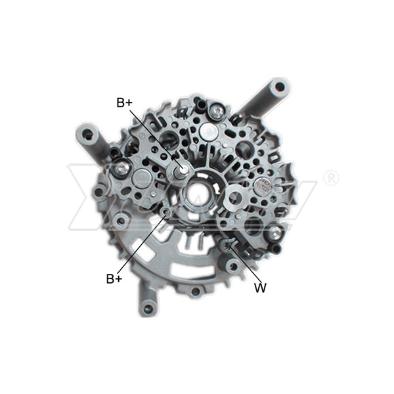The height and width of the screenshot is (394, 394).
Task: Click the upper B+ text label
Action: pos(125,102)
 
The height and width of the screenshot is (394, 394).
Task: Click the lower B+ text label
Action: pos(114,278)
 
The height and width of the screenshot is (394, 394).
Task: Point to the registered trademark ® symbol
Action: pos(332,177)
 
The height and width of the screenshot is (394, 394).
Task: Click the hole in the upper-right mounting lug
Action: pos(280,86)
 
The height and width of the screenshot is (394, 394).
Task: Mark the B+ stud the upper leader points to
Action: pos(182,170)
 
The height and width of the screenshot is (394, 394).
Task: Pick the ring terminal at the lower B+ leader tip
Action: pos(167,211)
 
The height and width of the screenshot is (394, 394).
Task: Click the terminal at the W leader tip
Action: pos(227,246)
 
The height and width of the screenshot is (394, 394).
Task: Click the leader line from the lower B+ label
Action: pos(141,243)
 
